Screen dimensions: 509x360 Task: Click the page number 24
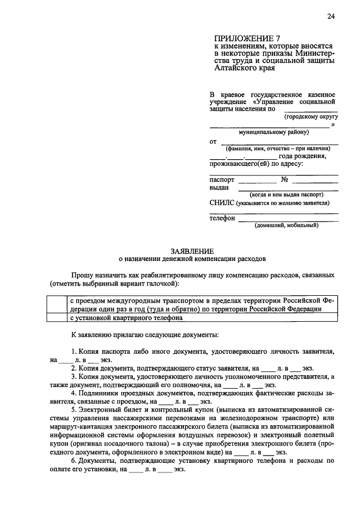pos(331,16)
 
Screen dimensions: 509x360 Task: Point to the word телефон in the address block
pos(222,218)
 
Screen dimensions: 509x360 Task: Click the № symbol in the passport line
pos(285,180)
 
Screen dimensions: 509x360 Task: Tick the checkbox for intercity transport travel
pos(56,304)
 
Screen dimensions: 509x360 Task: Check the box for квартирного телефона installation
pos(56,317)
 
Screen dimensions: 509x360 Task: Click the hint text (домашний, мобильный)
pos(286,225)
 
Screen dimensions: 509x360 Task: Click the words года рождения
pos(303,156)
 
